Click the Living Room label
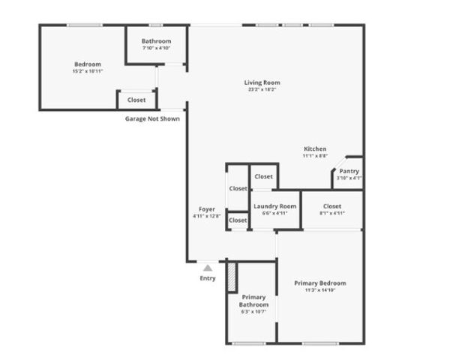pyautogui.click(x=262, y=82)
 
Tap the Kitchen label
pyautogui.click(x=314, y=148)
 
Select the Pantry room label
pyautogui.click(x=348, y=171)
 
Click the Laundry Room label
pyautogui.click(x=274, y=206)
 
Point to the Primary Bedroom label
pyautogui.click(x=319, y=283)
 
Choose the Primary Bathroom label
pyautogui.click(x=253, y=301)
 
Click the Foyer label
pyautogui.click(x=207, y=208)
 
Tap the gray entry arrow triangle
pyautogui.click(x=208, y=266)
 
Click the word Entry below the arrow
pyautogui.click(x=208, y=278)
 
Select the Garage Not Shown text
pyautogui.click(x=152, y=118)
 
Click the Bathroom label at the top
pyautogui.click(x=157, y=41)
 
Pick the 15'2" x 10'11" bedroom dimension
pyautogui.click(x=88, y=72)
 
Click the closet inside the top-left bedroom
pyautogui.click(x=136, y=100)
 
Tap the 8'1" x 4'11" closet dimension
pyautogui.click(x=332, y=214)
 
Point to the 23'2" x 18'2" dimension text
pyautogui.click(x=262, y=90)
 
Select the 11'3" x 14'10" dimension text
pyautogui.click(x=319, y=290)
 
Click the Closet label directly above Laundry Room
pyautogui.click(x=263, y=177)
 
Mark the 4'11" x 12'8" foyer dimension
pyautogui.click(x=207, y=216)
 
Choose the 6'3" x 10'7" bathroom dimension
pyautogui.click(x=253, y=313)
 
